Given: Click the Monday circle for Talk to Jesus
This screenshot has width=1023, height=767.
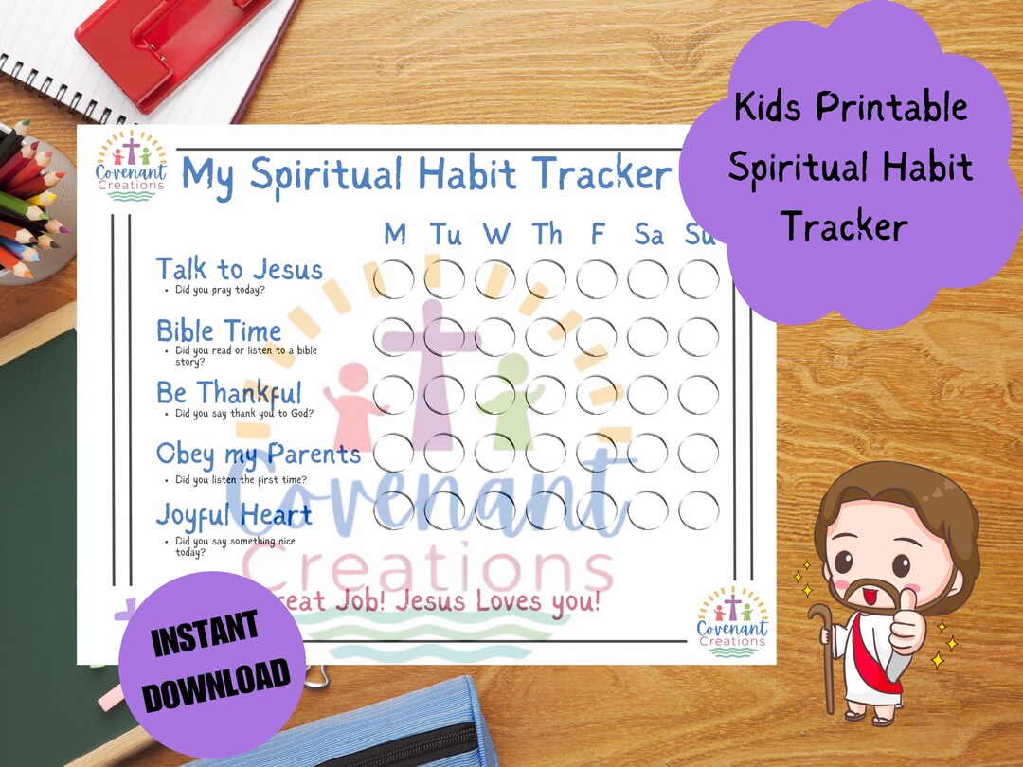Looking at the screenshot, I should click(x=394, y=279).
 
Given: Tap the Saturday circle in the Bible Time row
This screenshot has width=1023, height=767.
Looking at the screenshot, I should click(x=648, y=337).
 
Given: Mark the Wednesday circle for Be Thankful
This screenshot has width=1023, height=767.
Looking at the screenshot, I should click(x=495, y=395).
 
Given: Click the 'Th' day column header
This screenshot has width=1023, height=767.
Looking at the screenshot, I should click(x=546, y=234).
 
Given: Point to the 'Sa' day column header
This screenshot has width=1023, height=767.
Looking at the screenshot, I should click(x=649, y=234).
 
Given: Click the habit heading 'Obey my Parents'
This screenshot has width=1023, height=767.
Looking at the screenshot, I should click(x=258, y=454).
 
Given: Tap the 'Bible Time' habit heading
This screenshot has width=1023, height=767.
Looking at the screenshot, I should click(x=219, y=331).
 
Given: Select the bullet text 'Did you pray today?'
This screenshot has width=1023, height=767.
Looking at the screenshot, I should click(x=220, y=289).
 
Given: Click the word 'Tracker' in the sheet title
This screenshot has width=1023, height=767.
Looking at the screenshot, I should click(x=601, y=174).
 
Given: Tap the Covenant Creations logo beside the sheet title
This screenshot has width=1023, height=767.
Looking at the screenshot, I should click(x=131, y=165).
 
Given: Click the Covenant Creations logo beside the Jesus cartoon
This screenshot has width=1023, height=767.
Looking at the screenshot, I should click(x=732, y=621).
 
